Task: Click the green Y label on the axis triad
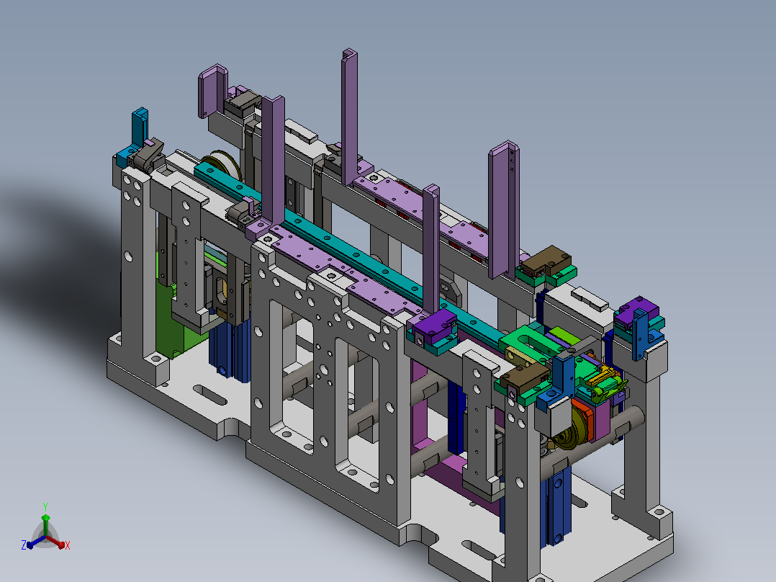pos(45,507)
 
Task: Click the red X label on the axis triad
pos(68,545)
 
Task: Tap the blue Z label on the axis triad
pos(24,545)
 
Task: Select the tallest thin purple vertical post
pos(349,117)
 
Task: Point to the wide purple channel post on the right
pos(504,208)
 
